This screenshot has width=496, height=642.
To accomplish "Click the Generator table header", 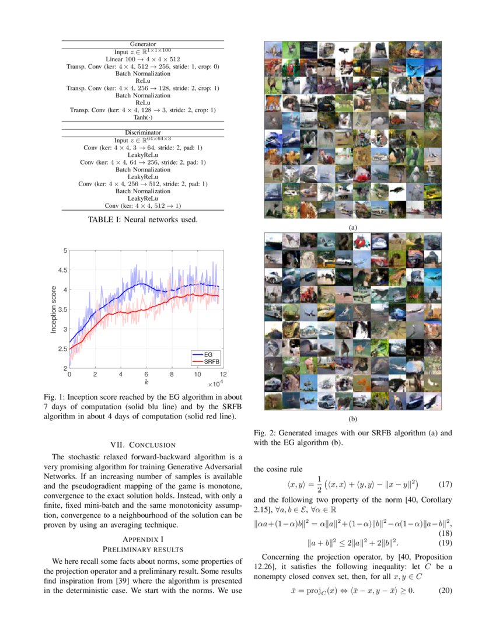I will point(143,44).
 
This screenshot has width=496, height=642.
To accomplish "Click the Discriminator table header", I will point(143,132).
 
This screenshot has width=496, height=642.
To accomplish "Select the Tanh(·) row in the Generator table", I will point(143,117).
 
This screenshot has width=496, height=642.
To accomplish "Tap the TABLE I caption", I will point(143,220).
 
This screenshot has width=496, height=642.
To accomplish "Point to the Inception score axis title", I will point(54,309).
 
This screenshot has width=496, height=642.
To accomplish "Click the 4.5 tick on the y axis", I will point(61,270).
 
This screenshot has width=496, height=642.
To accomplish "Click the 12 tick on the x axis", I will point(223,374).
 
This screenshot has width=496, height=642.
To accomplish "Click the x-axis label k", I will point(146,381).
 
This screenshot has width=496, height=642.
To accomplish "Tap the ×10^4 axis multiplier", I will point(215,384).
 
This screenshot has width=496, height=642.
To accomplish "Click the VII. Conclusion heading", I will point(143,445).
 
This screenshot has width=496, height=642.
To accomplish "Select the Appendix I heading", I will point(143,539).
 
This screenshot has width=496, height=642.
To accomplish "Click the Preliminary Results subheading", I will point(143,549).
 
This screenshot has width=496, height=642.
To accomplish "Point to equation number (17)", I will point(445,484).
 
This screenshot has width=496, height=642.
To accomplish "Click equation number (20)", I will point(445,590).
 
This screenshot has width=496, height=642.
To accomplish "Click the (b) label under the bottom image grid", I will point(352,419).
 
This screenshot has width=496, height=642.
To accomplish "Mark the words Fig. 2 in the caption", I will point(263,434).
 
